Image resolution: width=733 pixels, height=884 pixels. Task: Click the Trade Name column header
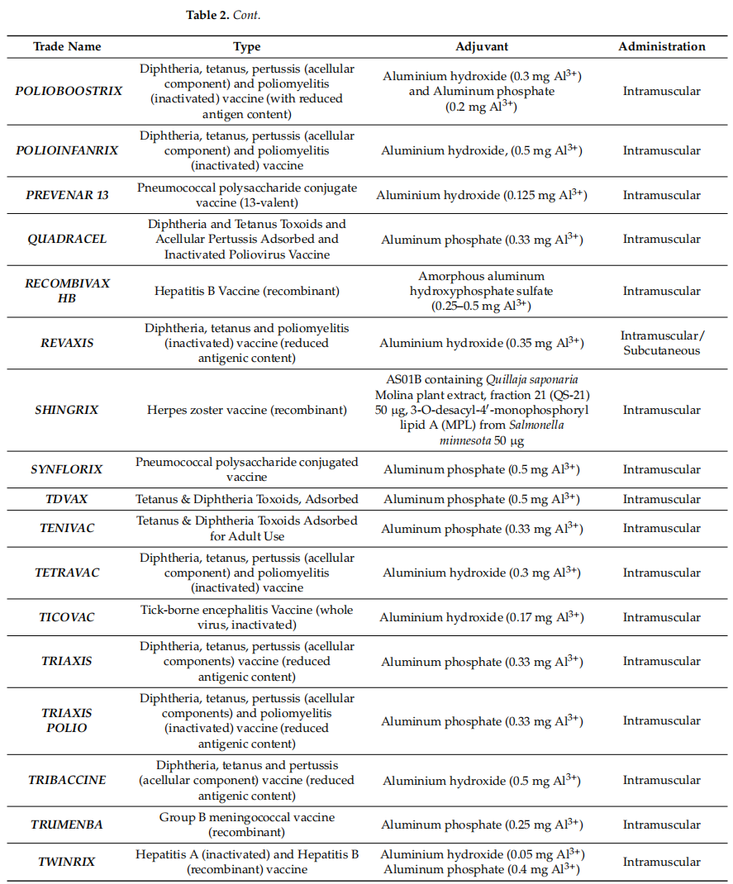click(x=68, y=47)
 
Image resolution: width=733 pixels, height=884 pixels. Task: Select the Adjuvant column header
click(x=482, y=47)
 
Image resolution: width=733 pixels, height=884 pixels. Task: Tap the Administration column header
click(x=662, y=47)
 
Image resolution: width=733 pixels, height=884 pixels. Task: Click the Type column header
click(x=247, y=47)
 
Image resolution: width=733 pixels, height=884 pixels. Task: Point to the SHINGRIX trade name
click(x=68, y=410)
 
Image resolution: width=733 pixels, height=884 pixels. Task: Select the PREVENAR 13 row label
click(x=68, y=195)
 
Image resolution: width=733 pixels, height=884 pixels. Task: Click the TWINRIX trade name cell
click(x=68, y=862)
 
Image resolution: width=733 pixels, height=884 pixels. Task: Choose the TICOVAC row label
click(x=68, y=617)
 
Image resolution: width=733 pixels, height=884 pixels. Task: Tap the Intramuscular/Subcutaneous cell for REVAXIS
click(x=662, y=343)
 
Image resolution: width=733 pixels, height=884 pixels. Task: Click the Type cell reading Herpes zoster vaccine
click(x=247, y=410)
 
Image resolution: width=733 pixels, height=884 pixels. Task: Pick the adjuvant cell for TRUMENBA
click(x=482, y=825)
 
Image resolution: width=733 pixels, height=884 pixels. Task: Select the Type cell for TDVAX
click(x=247, y=499)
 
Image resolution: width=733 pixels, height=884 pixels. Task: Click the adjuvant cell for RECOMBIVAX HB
click(x=482, y=291)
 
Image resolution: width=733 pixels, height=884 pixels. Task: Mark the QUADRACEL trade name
click(x=68, y=240)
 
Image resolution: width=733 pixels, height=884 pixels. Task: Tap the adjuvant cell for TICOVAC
click(x=482, y=617)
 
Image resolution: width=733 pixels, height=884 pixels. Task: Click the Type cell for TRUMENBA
click(x=247, y=825)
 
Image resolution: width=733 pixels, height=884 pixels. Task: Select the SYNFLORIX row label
click(x=68, y=469)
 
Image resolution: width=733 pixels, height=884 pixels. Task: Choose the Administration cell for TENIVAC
click(x=662, y=529)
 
